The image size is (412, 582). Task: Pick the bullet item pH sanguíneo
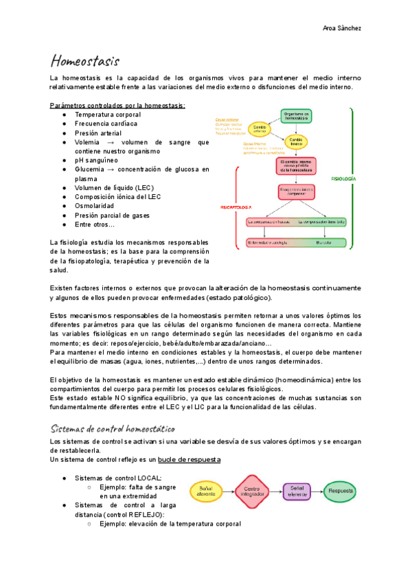pos(100,160)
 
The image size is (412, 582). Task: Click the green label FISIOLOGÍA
pos(343,178)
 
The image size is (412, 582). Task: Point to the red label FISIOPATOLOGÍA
pos(236,207)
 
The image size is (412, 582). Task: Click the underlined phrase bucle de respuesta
pos(189,459)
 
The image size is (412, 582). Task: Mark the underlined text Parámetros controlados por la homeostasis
pos(117,105)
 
